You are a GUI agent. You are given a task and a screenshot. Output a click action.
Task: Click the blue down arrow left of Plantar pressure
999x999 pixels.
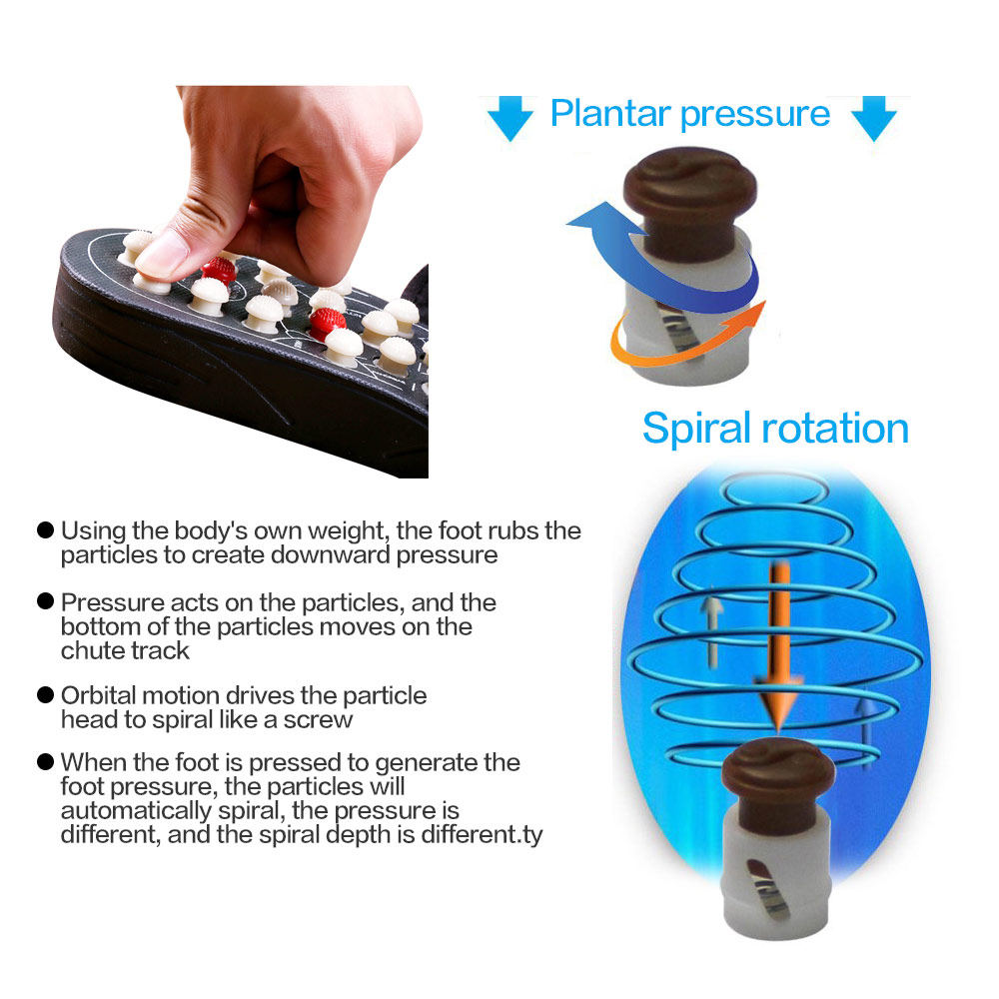point(509,119)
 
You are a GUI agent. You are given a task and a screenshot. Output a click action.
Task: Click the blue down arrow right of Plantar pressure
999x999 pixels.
point(874,119)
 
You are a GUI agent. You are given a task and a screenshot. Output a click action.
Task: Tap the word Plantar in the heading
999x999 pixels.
point(610,114)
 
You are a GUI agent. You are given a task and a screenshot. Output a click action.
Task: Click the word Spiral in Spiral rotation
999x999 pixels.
point(696,430)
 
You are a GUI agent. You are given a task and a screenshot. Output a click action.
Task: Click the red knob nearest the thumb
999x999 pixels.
point(219,270)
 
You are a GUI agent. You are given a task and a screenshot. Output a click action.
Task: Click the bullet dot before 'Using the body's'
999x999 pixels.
point(45,530)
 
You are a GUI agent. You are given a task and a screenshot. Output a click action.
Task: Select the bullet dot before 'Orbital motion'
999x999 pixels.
point(45,694)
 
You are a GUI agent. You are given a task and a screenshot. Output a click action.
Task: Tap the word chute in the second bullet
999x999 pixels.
point(91,650)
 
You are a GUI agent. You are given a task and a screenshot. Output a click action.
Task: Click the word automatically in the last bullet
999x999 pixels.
point(136,811)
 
